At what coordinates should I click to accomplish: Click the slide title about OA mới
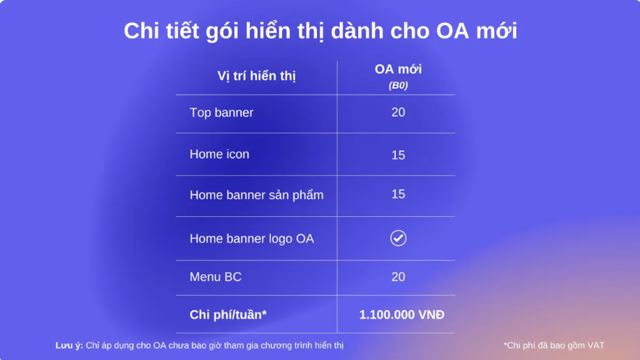pyautogui.click(x=320, y=31)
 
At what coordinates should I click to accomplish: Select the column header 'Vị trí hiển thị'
pyautogui.click(x=256, y=76)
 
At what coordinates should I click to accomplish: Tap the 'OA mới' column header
pyautogui.click(x=398, y=69)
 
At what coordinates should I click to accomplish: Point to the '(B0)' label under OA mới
pyautogui.click(x=398, y=85)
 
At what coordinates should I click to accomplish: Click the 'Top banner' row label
pyautogui.click(x=221, y=112)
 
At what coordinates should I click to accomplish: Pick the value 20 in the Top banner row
pyautogui.click(x=398, y=112)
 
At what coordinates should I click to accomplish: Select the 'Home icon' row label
pyautogui.click(x=219, y=154)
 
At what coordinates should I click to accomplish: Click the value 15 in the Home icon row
pyautogui.click(x=398, y=155)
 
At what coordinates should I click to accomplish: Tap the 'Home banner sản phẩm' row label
pyautogui.click(x=256, y=195)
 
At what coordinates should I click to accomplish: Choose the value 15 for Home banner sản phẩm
pyautogui.click(x=398, y=194)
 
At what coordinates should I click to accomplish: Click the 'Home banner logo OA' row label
pyautogui.click(x=251, y=239)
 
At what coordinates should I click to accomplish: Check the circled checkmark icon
pyautogui.click(x=398, y=239)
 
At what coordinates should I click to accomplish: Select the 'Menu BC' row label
pyautogui.click(x=216, y=277)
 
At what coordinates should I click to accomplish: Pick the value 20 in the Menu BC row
pyautogui.click(x=398, y=277)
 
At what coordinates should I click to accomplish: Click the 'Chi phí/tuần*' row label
pyautogui.click(x=228, y=315)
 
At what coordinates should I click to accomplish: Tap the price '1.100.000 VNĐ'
pyautogui.click(x=401, y=315)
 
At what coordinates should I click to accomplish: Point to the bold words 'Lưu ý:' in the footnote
pyautogui.click(x=69, y=345)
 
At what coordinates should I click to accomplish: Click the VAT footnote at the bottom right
pyautogui.click(x=554, y=346)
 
